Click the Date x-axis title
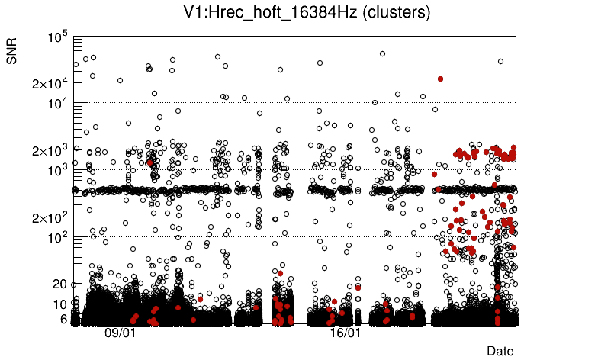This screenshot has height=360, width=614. (x=500, y=350)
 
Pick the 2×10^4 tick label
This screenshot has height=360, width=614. (x=50, y=83)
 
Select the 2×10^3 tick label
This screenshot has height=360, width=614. (x=50, y=150)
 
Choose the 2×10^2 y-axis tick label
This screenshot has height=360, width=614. (x=50, y=217)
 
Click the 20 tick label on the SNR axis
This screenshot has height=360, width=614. (x=61, y=284)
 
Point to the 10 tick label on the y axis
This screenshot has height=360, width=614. (x=61, y=304)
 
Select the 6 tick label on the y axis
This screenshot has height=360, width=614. (x=64, y=319)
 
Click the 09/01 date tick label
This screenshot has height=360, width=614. (x=120, y=333)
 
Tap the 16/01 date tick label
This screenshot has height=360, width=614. (x=345, y=333)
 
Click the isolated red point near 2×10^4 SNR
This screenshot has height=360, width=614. (x=440, y=79)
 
